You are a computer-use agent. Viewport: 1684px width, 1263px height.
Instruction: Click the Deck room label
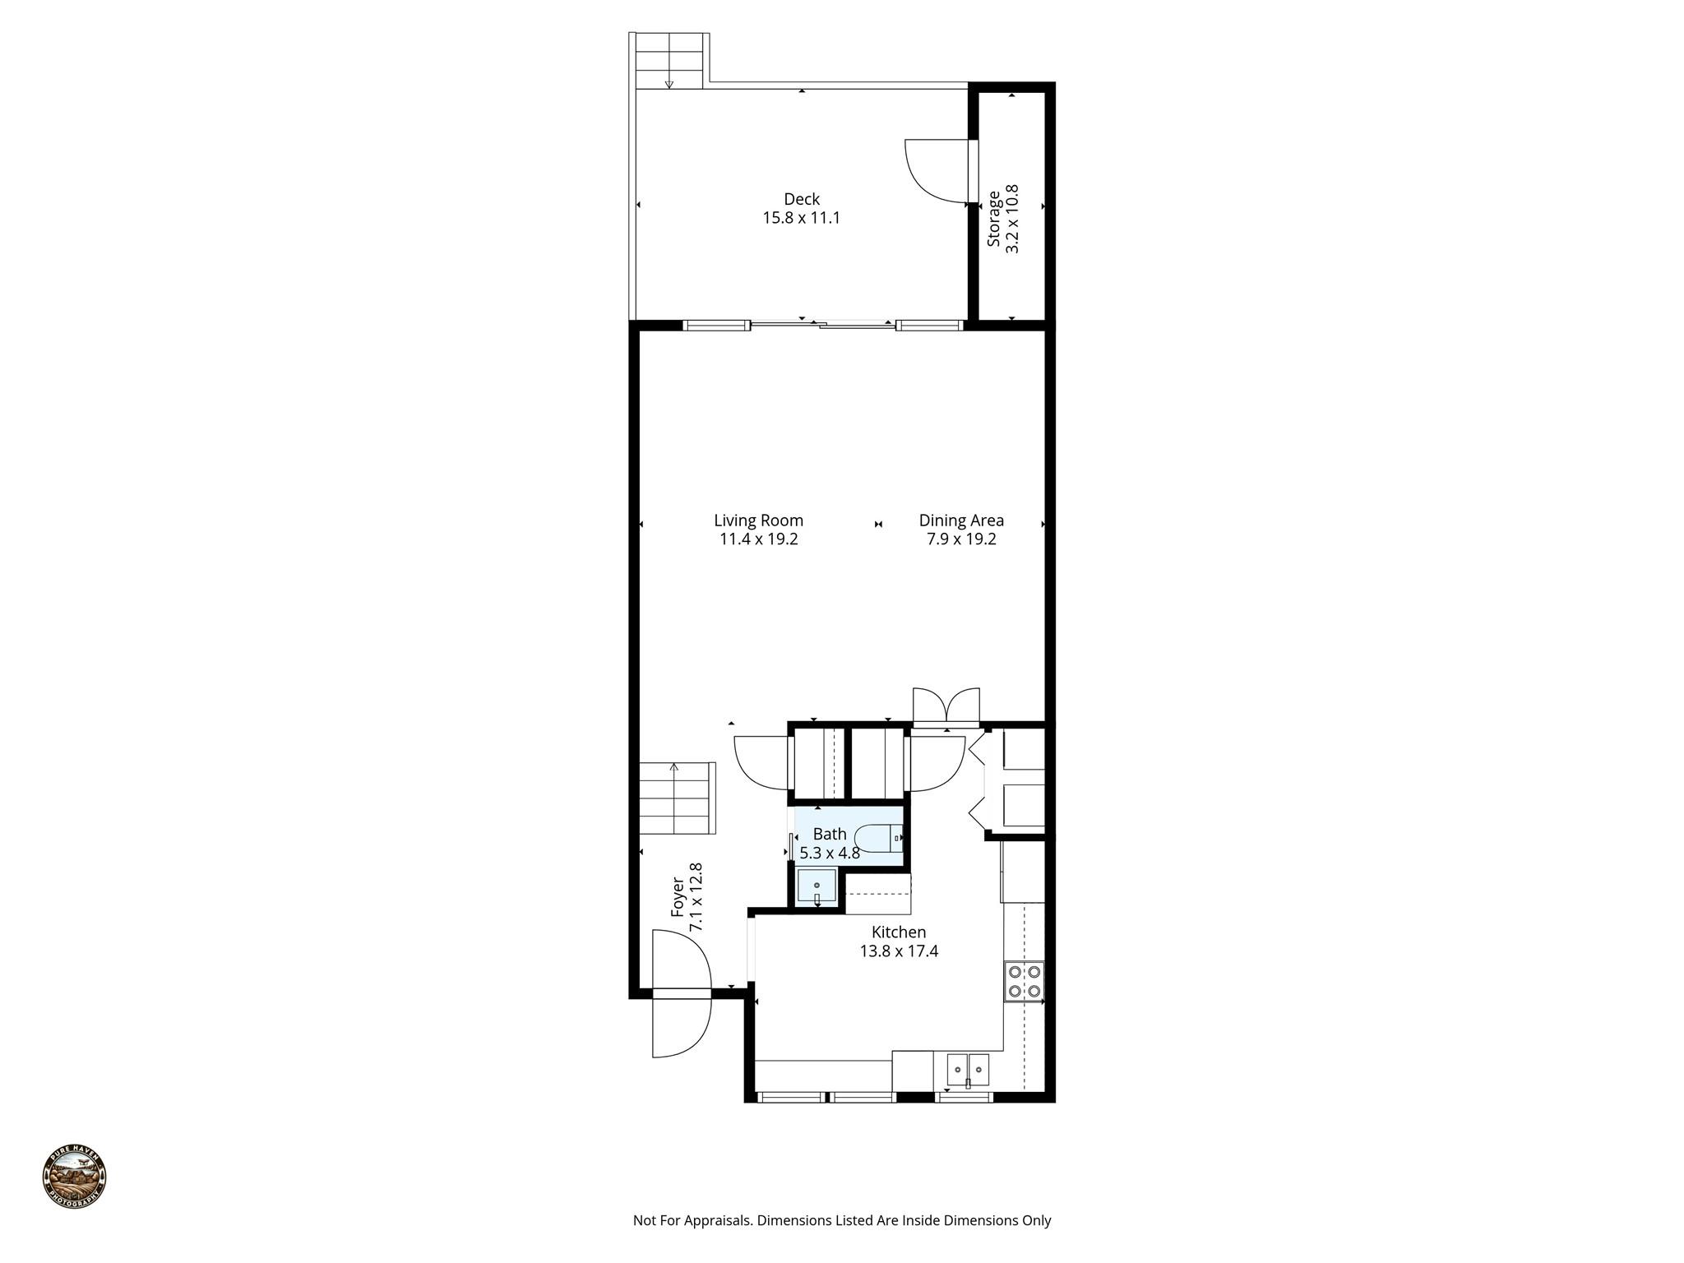pyautogui.click(x=801, y=199)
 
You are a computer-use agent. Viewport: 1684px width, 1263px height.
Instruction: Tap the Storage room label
pyautogui.click(x=994, y=219)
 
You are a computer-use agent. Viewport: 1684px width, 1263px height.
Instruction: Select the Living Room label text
pyautogui.click(x=758, y=520)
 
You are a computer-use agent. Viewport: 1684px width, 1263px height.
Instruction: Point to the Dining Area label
pyautogui.click(x=961, y=520)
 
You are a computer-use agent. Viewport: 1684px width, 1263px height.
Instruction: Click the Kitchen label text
pyautogui.click(x=899, y=932)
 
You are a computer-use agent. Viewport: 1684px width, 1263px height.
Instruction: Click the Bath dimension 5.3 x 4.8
pyautogui.click(x=830, y=854)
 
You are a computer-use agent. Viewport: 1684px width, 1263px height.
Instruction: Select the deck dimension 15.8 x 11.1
pyautogui.click(x=801, y=219)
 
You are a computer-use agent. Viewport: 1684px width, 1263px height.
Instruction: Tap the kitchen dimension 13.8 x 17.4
pyautogui.click(x=899, y=952)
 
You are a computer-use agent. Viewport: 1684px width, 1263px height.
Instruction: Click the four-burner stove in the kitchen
pyautogui.click(x=1025, y=981)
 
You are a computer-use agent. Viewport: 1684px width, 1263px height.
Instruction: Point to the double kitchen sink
pyautogui.click(x=968, y=1070)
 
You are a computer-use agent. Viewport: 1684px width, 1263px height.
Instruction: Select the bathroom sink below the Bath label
pyautogui.click(x=817, y=886)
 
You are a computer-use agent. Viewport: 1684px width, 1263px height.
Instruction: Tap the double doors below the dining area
pyautogui.click(x=946, y=705)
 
